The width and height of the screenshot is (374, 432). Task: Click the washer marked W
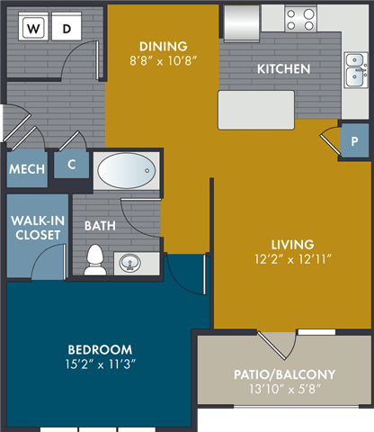click(33, 26)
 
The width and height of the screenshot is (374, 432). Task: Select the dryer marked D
click(67, 26)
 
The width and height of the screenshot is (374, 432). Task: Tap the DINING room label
click(164, 47)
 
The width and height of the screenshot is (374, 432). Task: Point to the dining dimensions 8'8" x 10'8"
click(164, 61)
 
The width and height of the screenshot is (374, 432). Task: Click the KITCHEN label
click(283, 69)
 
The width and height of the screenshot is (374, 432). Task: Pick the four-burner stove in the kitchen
click(300, 19)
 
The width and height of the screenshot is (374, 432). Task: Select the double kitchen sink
click(356, 70)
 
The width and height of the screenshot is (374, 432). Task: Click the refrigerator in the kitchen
click(242, 23)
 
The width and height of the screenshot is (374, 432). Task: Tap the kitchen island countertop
click(256, 110)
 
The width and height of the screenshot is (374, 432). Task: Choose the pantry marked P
click(354, 140)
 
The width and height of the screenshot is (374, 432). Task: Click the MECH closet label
click(27, 169)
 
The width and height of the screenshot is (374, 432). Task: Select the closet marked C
click(71, 165)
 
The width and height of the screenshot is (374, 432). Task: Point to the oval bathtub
click(127, 171)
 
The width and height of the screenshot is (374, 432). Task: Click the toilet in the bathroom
click(95, 260)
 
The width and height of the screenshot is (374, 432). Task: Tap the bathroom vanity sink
click(129, 263)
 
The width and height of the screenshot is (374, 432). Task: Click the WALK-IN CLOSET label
click(38, 228)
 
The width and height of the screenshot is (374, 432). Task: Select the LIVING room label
click(293, 245)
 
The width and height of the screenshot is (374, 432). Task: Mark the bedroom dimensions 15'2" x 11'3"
click(101, 364)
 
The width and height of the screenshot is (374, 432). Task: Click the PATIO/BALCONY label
click(284, 374)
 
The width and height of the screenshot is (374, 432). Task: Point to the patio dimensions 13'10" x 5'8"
click(285, 389)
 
